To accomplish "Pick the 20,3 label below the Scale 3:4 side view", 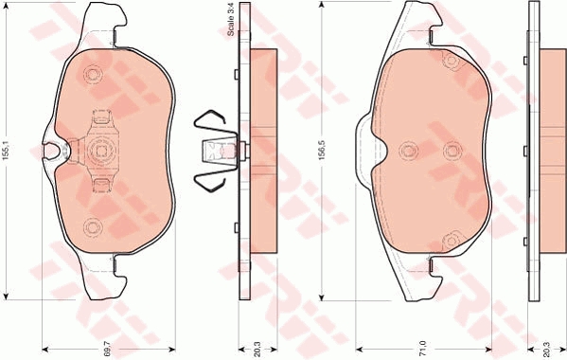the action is (257, 350).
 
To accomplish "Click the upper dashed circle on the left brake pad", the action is (93, 75).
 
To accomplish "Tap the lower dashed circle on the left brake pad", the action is (93, 226).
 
